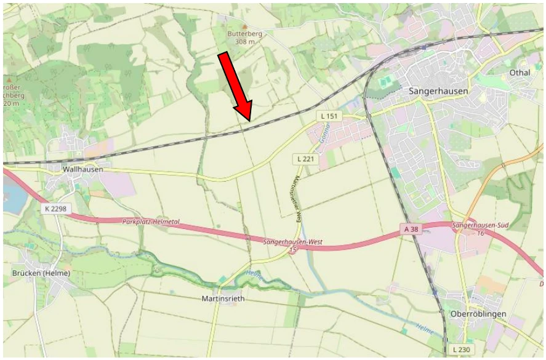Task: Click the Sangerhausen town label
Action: click(438, 90)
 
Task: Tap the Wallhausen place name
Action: click(81, 168)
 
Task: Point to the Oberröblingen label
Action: click(478, 314)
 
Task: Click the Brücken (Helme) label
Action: click(41, 273)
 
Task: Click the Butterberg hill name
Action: click(244, 35)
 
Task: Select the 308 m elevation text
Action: click(244, 42)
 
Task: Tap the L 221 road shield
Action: click(305, 159)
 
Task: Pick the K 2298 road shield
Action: click(56, 209)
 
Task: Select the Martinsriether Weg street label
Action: click(295, 198)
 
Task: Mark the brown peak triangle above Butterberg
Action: click(244, 26)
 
